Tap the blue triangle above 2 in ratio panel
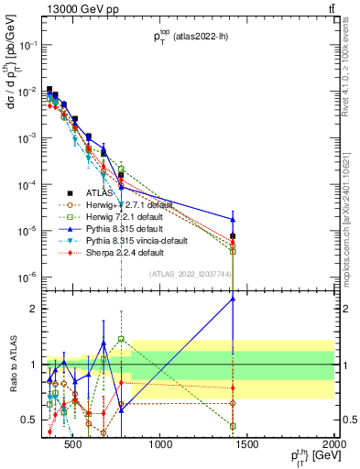(233, 298)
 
